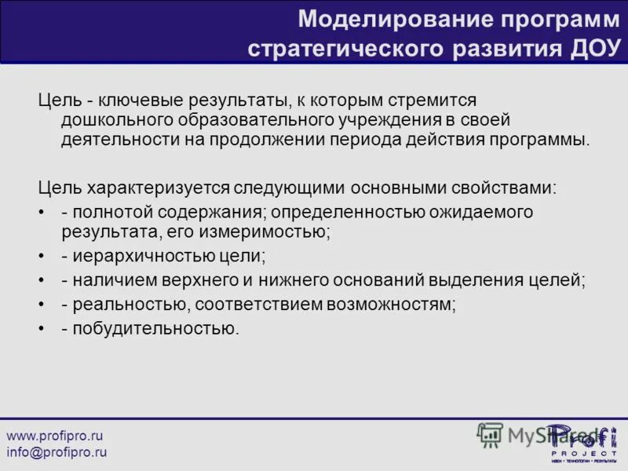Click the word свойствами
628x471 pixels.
click(504, 188)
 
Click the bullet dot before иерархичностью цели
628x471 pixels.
click(42, 257)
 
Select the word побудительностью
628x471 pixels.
click(155, 328)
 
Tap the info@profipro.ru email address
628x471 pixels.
click(57, 452)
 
